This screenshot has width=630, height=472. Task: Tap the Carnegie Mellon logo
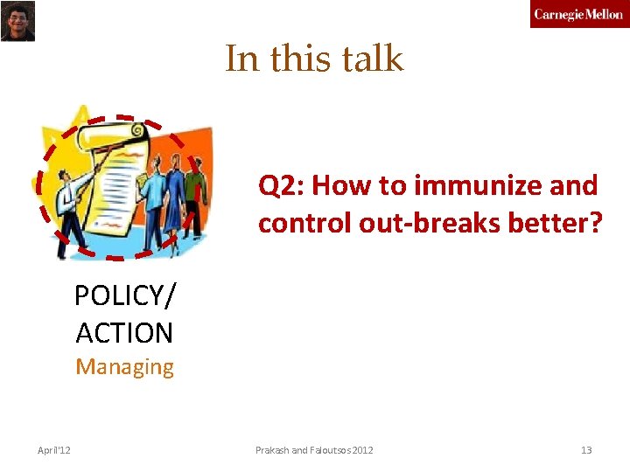pyautogui.click(x=578, y=14)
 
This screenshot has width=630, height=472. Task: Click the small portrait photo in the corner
pyautogui.click(x=17, y=21)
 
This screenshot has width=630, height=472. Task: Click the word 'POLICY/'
pyautogui.click(x=124, y=296)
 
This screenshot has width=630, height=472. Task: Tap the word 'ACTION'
pyautogui.click(x=124, y=333)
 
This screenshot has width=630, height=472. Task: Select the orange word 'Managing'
pyautogui.click(x=124, y=367)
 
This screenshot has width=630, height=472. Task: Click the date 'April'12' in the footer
pyautogui.click(x=54, y=450)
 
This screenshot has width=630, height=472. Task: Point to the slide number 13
pyautogui.click(x=586, y=450)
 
